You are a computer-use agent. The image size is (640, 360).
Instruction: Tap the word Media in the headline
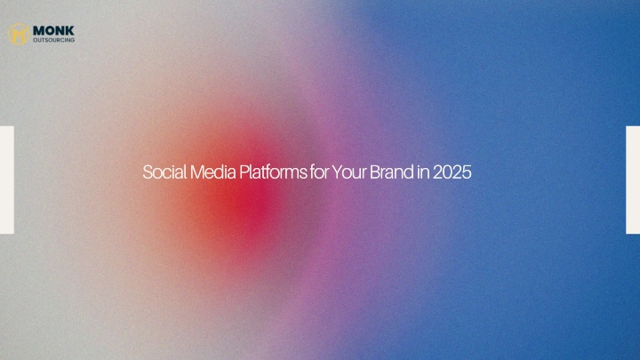[x=213, y=172]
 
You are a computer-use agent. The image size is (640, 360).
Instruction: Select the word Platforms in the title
[x=273, y=172]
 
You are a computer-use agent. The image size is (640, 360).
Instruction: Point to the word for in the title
[x=319, y=172]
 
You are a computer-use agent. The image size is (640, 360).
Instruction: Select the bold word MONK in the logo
[x=53, y=30]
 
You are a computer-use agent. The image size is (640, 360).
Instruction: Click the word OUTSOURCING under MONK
[x=54, y=40]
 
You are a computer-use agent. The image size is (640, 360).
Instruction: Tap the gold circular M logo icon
[x=19, y=34]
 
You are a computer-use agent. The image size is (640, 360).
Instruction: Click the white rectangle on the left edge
[x=7, y=180]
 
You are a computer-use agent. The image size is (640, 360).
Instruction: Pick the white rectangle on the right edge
[x=633, y=180]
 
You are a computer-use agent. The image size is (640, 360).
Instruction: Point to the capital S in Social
[x=148, y=172]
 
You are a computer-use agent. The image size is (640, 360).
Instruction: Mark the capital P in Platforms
[x=244, y=172]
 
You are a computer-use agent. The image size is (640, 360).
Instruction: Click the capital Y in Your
[x=336, y=172]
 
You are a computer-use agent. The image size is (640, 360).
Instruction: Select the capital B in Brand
[x=374, y=172]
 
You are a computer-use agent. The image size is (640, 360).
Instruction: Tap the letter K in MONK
[x=70, y=30]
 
